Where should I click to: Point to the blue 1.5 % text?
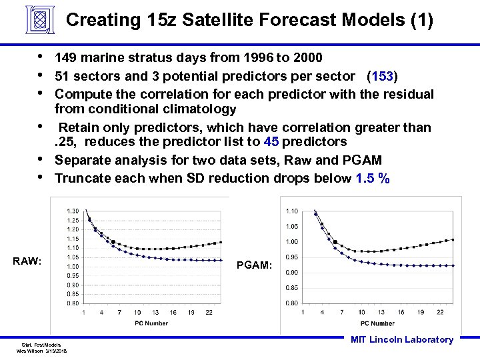pos(373,178)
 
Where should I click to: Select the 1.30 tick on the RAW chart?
pos(73,211)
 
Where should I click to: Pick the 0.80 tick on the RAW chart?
pos(73,303)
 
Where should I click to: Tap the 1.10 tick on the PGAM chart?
pos(291,211)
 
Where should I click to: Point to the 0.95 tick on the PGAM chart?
pos(291,257)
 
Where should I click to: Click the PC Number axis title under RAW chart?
pos(151,324)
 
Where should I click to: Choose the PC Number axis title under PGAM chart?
pos(378,323)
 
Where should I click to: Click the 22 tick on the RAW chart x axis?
pos(209,313)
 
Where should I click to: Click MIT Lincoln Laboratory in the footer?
pos(401,340)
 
